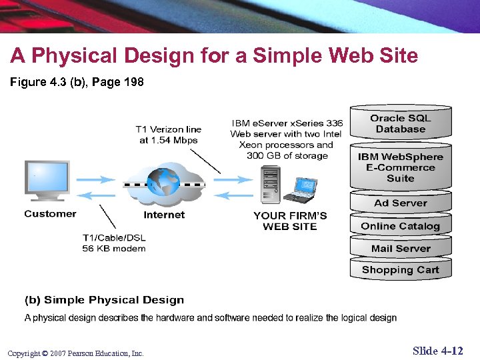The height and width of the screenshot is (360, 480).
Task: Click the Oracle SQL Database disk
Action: pyautogui.click(x=401, y=123)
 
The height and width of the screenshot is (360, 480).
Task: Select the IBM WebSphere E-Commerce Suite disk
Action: pyautogui.click(x=401, y=167)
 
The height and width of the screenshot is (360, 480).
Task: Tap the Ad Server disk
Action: pyautogui.click(x=401, y=203)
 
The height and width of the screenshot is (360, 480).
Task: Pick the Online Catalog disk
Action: pyautogui.click(x=401, y=226)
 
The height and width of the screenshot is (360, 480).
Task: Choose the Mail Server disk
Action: pyautogui.click(x=401, y=249)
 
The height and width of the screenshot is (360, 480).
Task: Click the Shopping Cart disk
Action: pyautogui.click(x=401, y=270)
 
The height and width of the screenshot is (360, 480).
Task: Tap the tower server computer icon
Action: pyautogui.click(x=271, y=185)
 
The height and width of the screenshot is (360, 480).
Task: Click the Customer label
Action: pyautogui.click(x=50, y=214)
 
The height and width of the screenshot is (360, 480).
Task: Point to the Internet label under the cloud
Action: pyautogui.click(x=164, y=215)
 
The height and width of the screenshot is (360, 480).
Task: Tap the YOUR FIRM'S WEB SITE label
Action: pyautogui.click(x=290, y=221)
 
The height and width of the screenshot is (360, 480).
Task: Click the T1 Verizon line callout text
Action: pyautogui.click(x=169, y=135)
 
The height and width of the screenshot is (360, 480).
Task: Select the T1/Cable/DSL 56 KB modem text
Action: pyautogui.click(x=114, y=243)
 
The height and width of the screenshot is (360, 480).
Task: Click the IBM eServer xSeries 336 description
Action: pyautogui.click(x=287, y=139)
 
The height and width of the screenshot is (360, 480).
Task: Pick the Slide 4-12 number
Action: pyautogui.click(x=437, y=351)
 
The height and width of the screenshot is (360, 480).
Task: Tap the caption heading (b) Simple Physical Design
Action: pyautogui.click(x=104, y=300)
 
